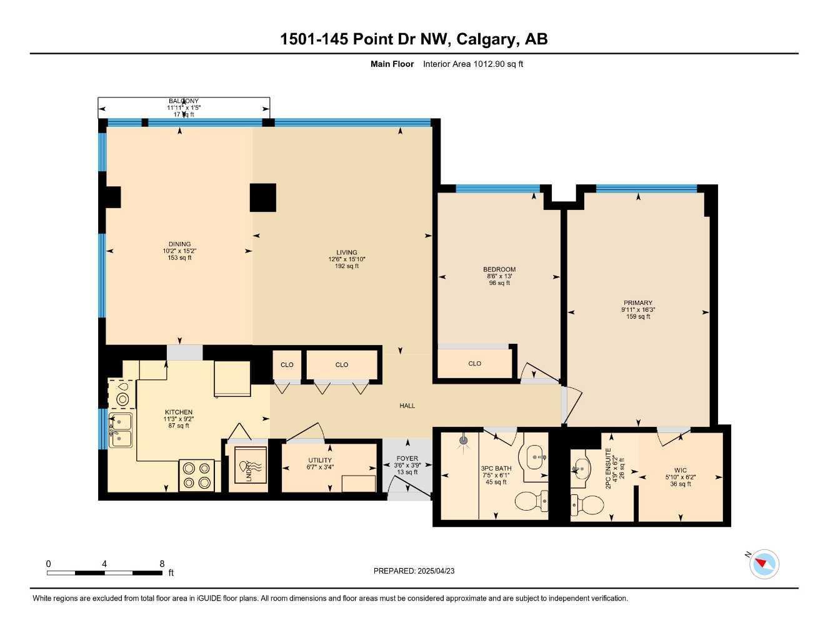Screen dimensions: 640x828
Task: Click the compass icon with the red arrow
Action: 764,564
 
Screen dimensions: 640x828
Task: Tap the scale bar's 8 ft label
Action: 162,564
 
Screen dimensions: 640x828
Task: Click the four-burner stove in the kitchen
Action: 196,475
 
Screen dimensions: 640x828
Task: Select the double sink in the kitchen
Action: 121,431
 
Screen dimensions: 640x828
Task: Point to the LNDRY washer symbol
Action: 250,465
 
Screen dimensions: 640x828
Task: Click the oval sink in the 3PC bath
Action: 534,456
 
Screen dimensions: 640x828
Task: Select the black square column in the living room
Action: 263,197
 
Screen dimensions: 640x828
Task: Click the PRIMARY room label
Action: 637,302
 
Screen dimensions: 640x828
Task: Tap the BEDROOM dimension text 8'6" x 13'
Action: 499,276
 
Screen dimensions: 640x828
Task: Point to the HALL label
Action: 407,406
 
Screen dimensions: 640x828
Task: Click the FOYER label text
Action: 407,459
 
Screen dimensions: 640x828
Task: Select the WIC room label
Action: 681,470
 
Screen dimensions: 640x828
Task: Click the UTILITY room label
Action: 319,460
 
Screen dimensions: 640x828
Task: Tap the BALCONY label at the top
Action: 183,101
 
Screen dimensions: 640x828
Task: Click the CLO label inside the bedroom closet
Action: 475,363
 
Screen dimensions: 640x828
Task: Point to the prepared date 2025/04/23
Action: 437,571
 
